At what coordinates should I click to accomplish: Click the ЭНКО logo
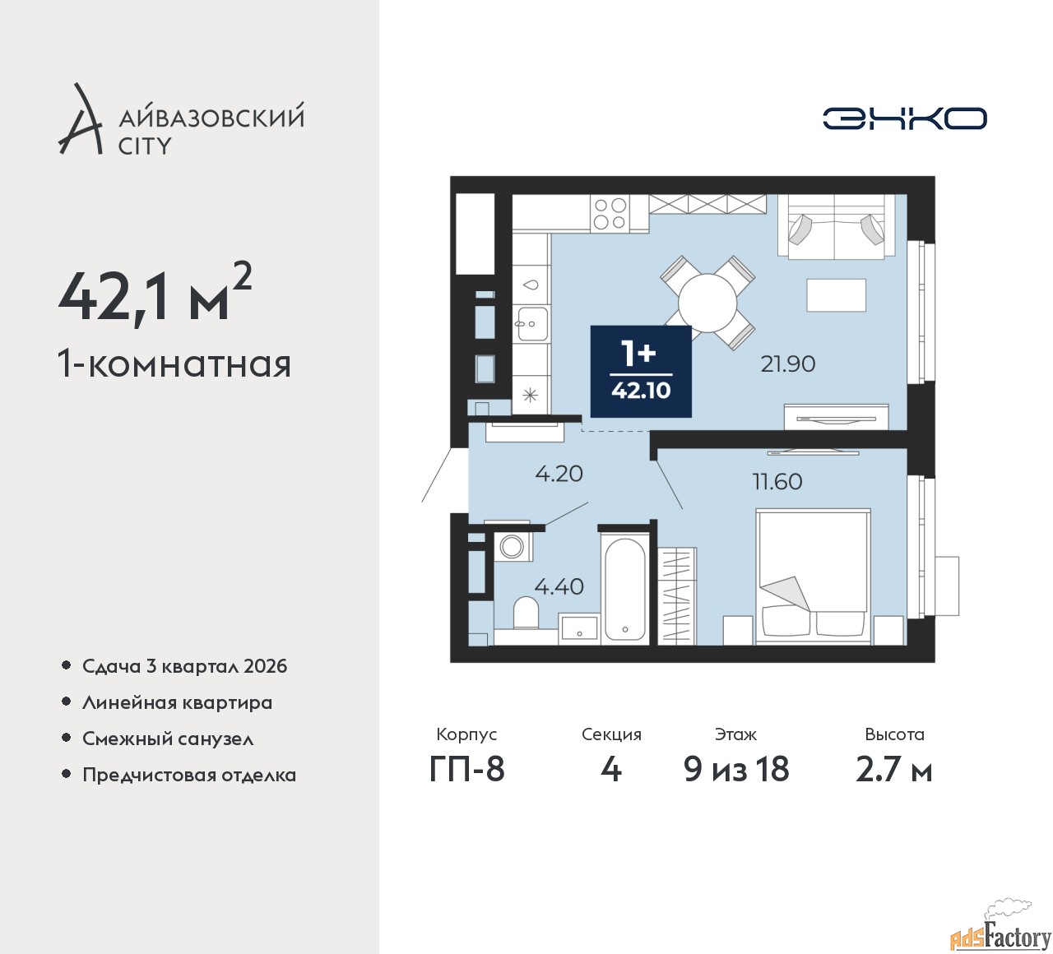[904, 118]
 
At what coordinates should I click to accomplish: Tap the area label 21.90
[787, 364]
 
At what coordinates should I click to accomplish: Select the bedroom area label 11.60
[777, 481]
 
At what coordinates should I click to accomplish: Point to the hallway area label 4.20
[559, 474]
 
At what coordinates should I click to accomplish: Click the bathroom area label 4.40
[559, 586]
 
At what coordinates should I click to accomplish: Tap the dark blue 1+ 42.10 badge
[641, 372]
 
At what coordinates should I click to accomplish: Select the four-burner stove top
[610, 214]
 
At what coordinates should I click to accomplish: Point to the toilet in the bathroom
[525, 613]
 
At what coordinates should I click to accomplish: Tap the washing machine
[513, 546]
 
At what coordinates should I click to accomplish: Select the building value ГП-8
[466, 770]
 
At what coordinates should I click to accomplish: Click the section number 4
[610, 770]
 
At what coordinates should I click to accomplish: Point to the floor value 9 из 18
[736, 770]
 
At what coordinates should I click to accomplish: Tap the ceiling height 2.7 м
[893, 770]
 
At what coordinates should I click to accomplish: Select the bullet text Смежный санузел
[168, 739]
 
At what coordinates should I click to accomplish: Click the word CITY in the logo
[145, 146]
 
